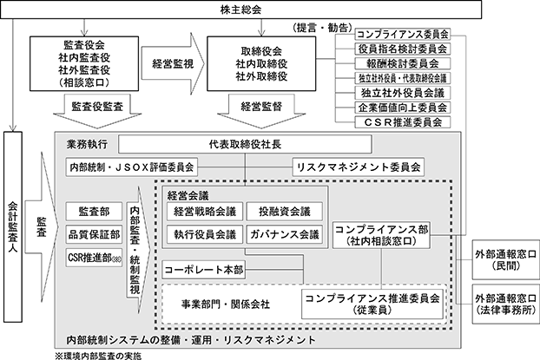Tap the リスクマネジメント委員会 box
[359, 164]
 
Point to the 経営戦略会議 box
[202, 212]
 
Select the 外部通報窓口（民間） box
[504, 259]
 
